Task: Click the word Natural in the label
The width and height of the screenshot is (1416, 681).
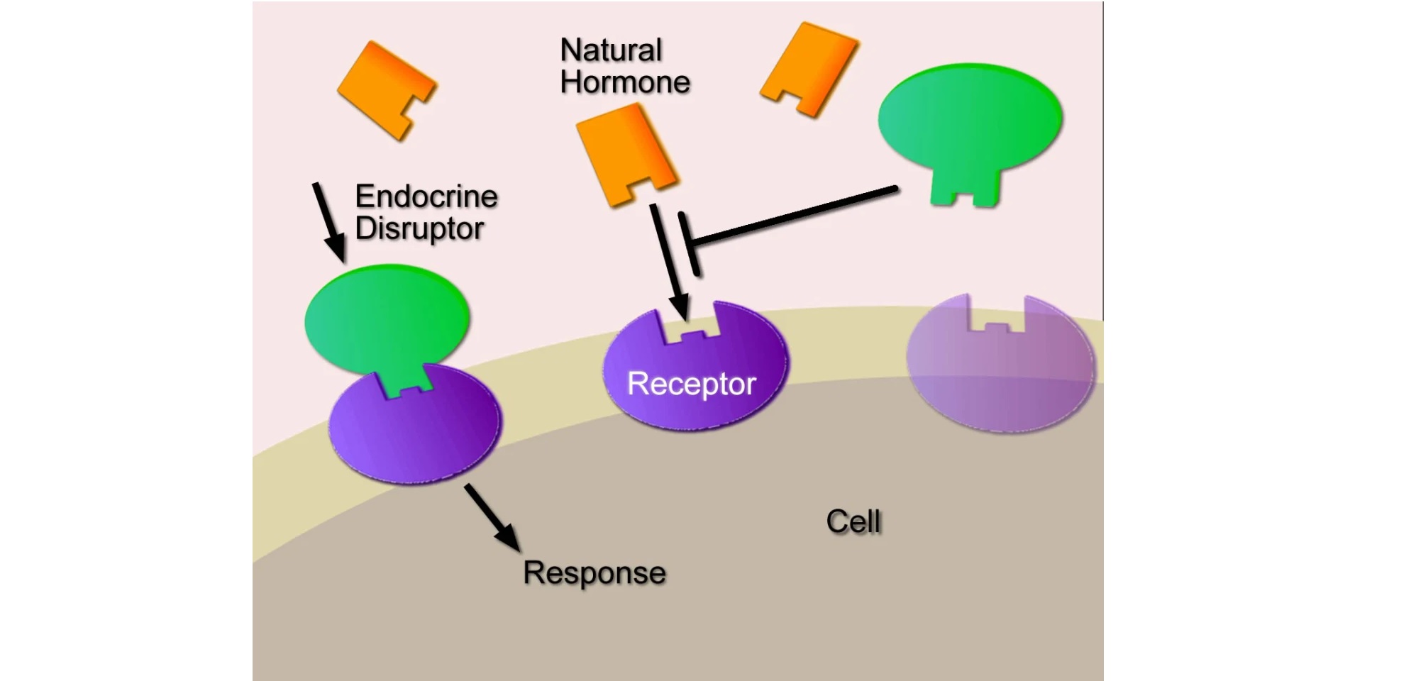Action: point(611,50)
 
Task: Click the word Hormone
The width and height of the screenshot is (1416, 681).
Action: point(624,82)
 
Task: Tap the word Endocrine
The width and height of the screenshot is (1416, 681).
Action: point(426,196)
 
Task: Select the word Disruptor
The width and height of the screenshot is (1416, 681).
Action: point(419,228)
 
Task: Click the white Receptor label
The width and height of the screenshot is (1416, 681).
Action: point(692,384)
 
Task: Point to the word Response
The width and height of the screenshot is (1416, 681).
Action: point(594,572)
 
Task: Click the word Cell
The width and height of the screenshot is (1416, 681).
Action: point(853,521)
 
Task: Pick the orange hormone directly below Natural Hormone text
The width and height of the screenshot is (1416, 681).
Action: point(624,153)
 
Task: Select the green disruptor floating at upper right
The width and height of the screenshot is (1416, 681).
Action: point(970,121)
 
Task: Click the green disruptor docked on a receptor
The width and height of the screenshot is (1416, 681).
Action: point(387,321)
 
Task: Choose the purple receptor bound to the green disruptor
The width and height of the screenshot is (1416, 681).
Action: point(414,429)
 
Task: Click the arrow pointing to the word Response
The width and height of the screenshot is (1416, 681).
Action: point(492,517)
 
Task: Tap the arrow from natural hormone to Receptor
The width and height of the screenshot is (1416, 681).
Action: point(669,261)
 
